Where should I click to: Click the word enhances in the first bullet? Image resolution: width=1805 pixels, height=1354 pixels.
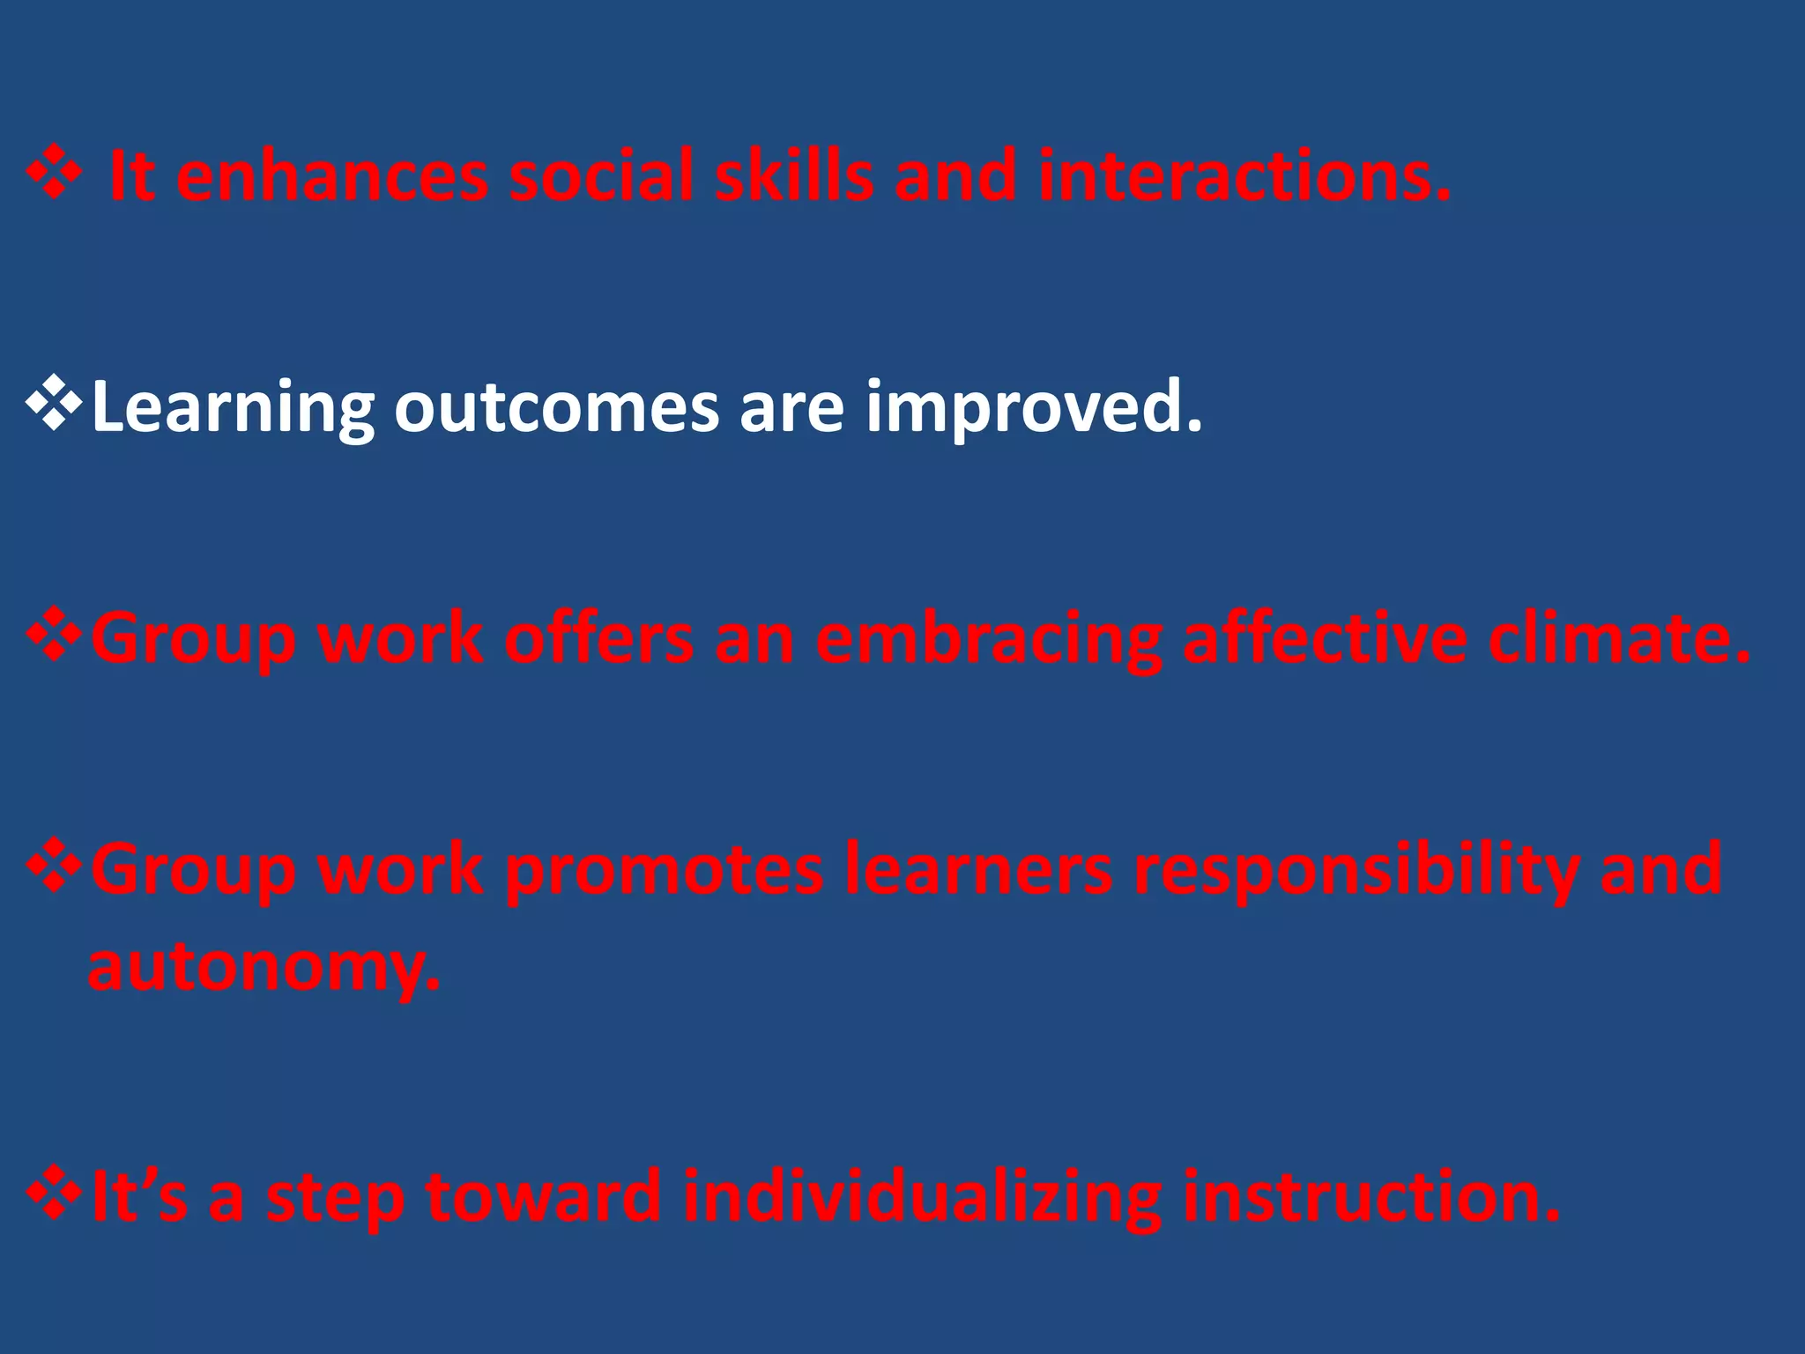pyautogui.click(x=331, y=176)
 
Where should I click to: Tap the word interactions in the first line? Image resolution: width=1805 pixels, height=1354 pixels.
pyautogui.click(x=1243, y=176)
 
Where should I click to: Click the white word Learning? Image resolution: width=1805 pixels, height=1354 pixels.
pyautogui.click(x=232, y=407)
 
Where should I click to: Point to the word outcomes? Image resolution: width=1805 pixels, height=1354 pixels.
pyautogui.click(x=555, y=407)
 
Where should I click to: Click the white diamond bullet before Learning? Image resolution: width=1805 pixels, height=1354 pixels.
pyautogui.click(x=55, y=405)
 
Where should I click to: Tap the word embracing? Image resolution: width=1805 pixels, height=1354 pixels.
pyautogui.click(x=987, y=638)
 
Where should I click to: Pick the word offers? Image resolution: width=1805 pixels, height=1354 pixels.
pyautogui.click(x=598, y=638)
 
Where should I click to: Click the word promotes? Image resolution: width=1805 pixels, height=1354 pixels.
pyautogui.click(x=665, y=871)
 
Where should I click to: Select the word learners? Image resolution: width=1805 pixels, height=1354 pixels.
pyautogui.click(x=977, y=871)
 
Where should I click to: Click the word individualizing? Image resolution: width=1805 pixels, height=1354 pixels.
pyautogui.click(x=922, y=1197)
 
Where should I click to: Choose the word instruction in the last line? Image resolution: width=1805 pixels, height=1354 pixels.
pyautogui.click(x=1370, y=1197)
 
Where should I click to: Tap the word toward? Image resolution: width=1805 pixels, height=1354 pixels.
pyautogui.click(x=543, y=1197)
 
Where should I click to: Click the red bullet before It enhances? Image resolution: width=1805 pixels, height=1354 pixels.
pyautogui.click(x=55, y=173)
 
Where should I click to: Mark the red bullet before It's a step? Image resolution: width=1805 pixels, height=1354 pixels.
pyautogui.click(x=55, y=1194)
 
